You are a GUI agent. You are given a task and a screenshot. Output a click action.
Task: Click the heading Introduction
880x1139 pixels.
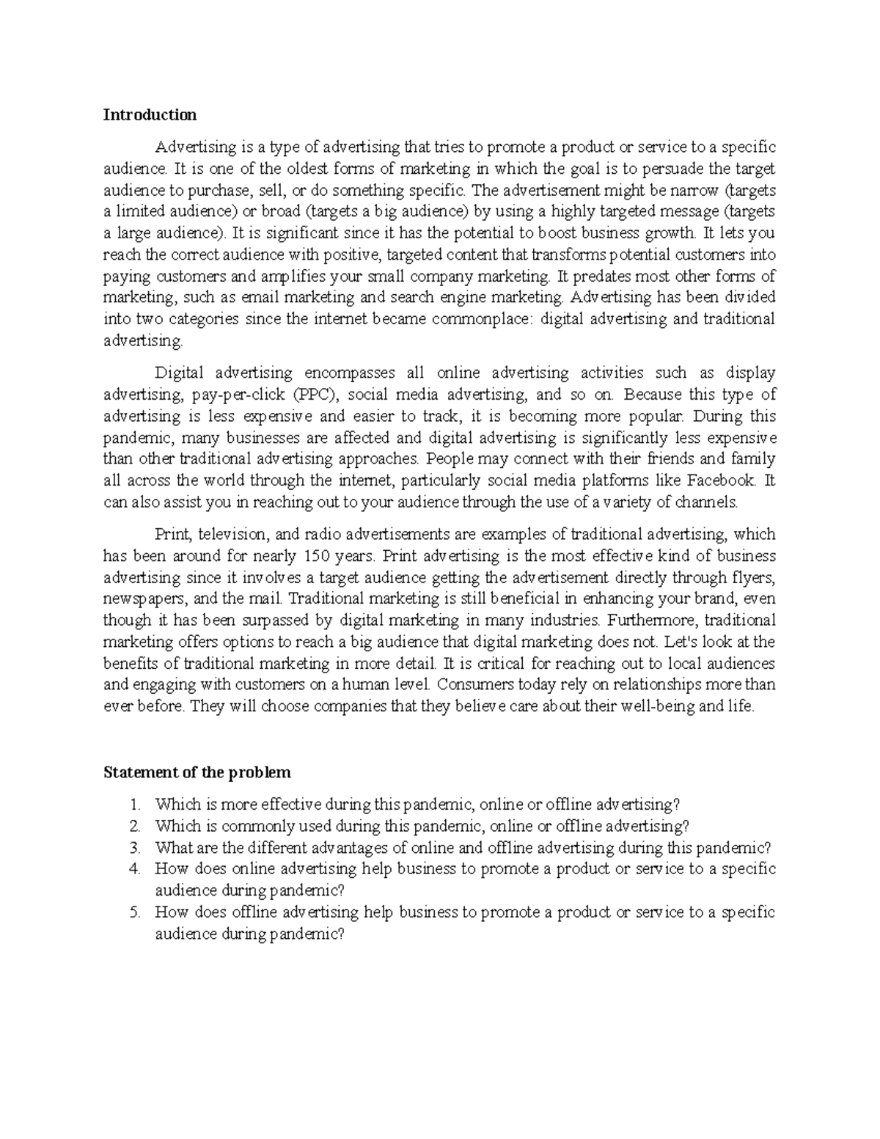coord(150,114)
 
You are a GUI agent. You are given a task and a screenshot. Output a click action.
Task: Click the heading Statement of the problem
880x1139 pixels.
coord(197,772)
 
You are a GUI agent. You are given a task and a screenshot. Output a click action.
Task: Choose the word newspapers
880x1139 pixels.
coord(143,598)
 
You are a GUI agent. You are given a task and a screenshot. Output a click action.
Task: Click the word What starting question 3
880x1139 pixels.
coord(172,848)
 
